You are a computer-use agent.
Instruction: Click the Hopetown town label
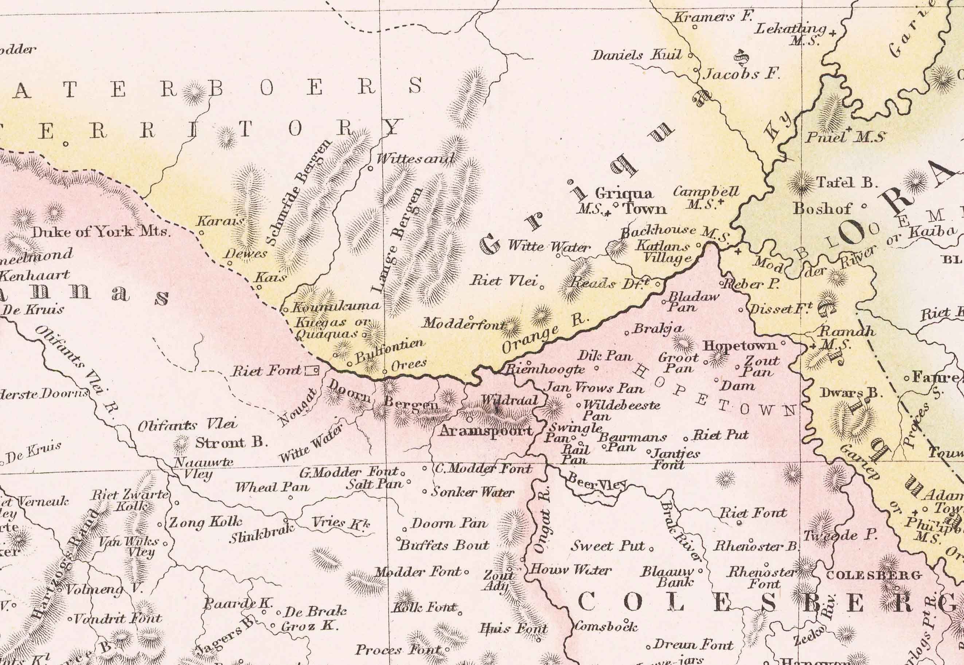tap(740, 345)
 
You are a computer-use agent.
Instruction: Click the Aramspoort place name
tap(486, 431)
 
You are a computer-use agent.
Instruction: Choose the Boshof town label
tap(822, 208)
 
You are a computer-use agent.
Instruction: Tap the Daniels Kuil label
tap(637, 55)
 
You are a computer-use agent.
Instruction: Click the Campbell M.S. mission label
tap(706, 197)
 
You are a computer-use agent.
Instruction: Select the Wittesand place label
tap(415, 159)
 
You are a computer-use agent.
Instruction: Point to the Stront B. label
tap(231, 442)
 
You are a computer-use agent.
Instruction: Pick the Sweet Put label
tap(608, 546)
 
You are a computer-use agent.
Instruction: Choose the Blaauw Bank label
tap(668, 577)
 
